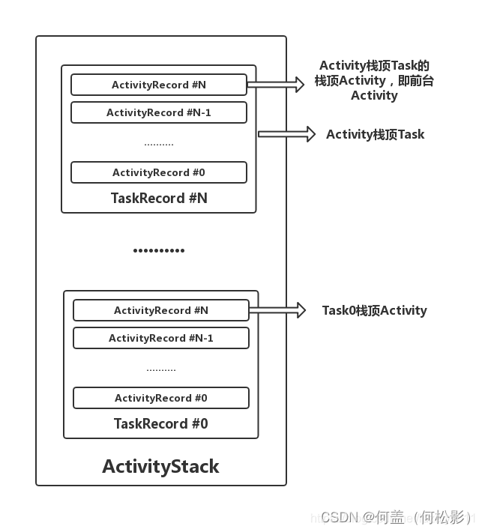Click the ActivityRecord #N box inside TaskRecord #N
tap(158, 85)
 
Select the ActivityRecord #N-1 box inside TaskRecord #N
tap(158, 112)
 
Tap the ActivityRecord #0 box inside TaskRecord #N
tap(158, 172)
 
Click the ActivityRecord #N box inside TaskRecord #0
tap(160, 310)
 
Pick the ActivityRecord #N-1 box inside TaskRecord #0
tap(160, 338)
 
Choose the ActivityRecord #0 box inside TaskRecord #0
tap(160, 398)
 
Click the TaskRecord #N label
tap(159, 199)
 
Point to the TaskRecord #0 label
tap(160, 424)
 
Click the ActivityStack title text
tap(160, 466)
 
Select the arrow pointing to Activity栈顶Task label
tap(286, 134)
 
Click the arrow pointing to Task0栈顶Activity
tap(277, 309)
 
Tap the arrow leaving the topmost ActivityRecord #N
tap(275, 84)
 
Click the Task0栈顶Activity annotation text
tap(374, 310)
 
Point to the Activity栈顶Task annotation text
tap(375, 135)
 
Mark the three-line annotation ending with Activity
tap(374, 80)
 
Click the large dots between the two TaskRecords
tap(159, 250)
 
